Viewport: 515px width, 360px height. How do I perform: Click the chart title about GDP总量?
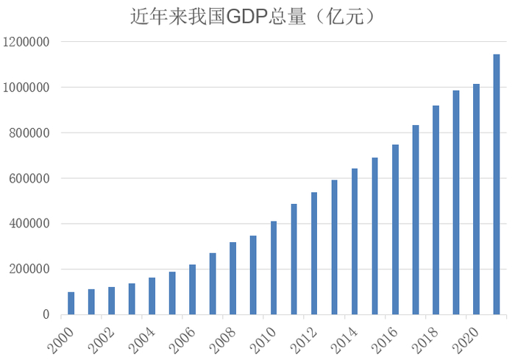(x=257, y=17)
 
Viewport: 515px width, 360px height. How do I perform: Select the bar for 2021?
(x=497, y=184)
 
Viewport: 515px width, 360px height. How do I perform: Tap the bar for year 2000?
(x=71, y=303)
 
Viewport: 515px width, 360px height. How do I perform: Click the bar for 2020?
(x=476, y=199)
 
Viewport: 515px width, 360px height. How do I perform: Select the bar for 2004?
(x=152, y=295)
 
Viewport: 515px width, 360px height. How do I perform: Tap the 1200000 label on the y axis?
(x=26, y=42)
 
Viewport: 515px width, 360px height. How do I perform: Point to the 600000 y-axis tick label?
(x=29, y=178)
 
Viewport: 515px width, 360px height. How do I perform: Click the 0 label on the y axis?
(x=45, y=314)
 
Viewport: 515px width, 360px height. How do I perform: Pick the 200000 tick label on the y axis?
(x=29, y=269)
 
